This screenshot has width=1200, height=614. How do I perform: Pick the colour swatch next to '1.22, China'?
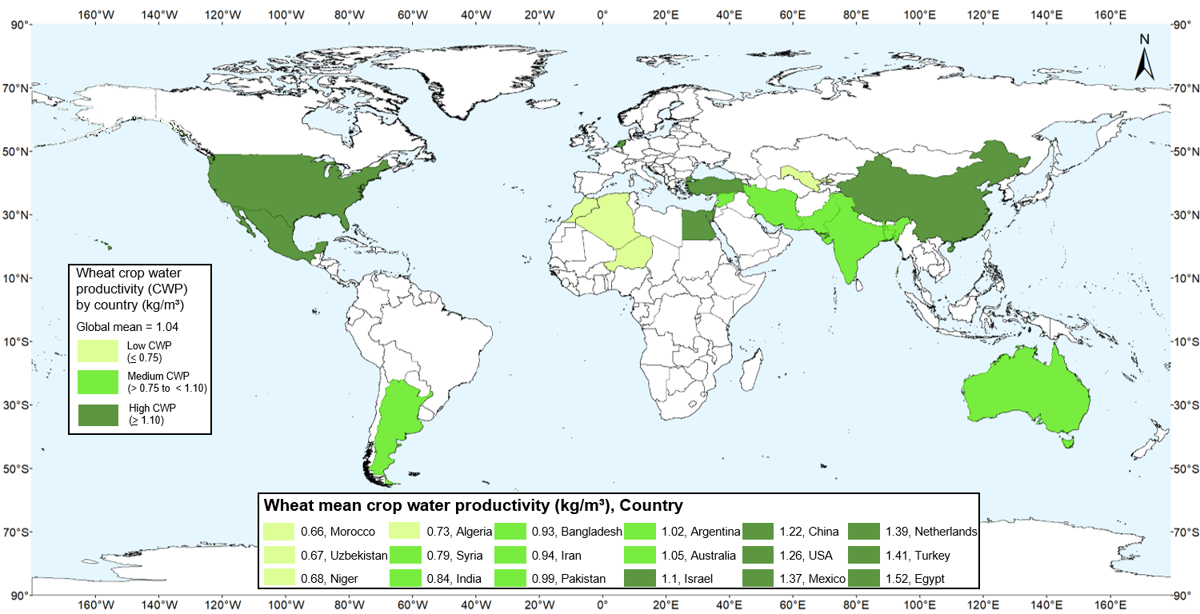pyautogui.click(x=759, y=532)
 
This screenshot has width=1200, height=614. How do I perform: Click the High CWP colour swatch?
pyautogui.click(x=98, y=415)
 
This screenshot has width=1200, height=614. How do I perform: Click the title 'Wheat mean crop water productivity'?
pyautogui.click(x=472, y=505)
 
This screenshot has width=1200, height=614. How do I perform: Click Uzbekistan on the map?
pyautogui.click(x=800, y=177)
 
